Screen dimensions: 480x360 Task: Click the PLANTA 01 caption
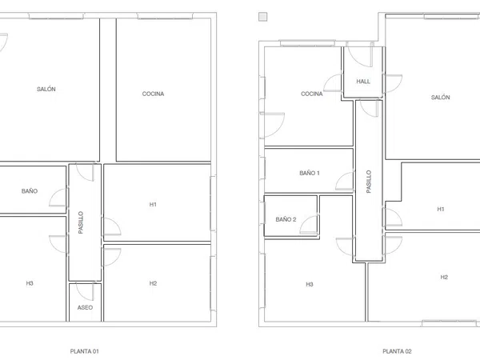(85, 351)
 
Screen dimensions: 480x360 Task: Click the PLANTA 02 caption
(397, 351)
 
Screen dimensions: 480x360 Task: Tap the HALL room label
(363, 82)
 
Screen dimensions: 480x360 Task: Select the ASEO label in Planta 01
(85, 308)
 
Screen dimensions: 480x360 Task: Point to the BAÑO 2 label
(286, 219)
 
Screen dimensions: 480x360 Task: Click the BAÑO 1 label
(310, 173)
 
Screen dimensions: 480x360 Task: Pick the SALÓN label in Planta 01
(46, 89)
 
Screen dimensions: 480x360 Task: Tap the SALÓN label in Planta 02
(441, 98)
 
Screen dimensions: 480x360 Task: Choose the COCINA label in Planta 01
(153, 94)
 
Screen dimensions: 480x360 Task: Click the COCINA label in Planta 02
(312, 94)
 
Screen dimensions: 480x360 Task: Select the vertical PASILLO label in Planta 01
(81, 222)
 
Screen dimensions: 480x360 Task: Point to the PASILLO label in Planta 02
(369, 182)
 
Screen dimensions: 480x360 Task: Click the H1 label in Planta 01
(153, 205)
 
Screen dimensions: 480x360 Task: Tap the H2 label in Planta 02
(444, 277)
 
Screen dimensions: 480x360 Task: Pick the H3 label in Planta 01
(30, 283)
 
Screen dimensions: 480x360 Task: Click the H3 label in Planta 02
(310, 284)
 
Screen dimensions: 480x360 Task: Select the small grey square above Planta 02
(263, 17)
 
